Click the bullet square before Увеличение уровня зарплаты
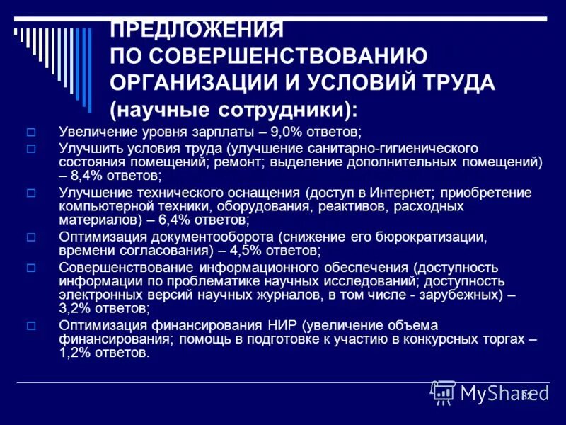coord(30,132)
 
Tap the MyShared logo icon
coord(444,392)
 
